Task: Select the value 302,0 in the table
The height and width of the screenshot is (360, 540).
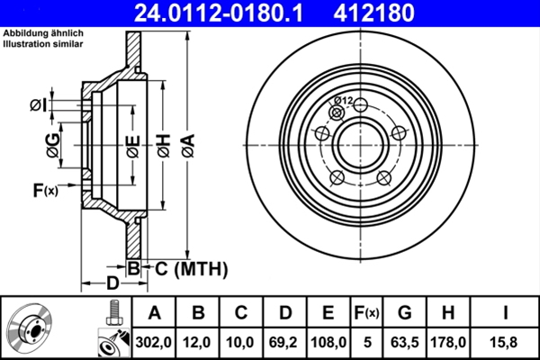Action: [154, 342]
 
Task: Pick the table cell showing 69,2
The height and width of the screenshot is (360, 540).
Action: [285, 342]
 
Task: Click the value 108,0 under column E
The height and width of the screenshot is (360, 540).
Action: [328, 342]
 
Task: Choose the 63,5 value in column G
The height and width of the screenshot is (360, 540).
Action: [405, 342]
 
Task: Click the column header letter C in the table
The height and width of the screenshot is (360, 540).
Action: [242, 313]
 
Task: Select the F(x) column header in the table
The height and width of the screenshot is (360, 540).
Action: [366, 313]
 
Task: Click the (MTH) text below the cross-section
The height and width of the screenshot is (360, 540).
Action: [201, 268]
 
